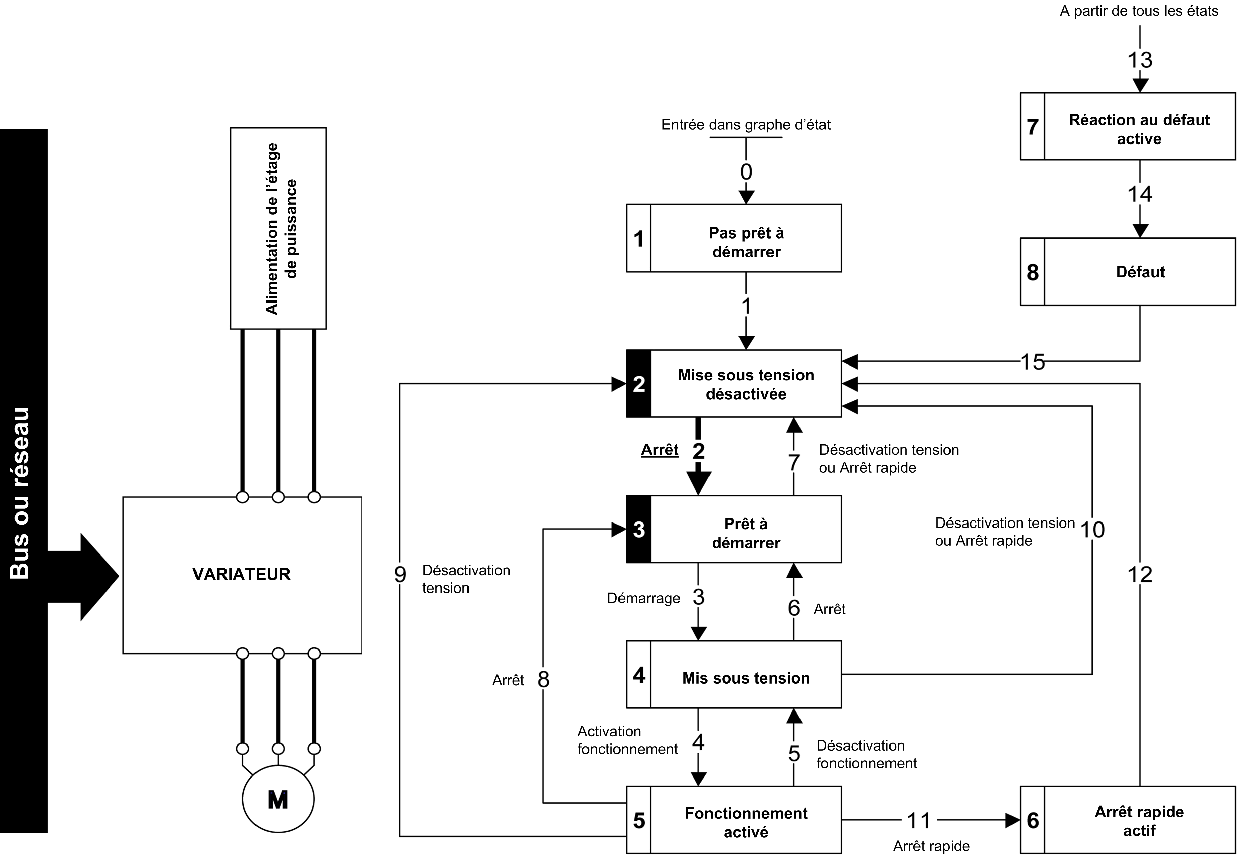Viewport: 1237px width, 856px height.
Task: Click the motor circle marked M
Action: point(278,799)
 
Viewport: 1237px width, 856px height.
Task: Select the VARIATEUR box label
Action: point(241,574)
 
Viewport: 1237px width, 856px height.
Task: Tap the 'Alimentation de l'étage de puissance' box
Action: point(278,228)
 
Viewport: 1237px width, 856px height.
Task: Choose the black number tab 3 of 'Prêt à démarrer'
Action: point(639,529)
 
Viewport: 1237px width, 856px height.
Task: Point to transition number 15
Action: point(1032,362)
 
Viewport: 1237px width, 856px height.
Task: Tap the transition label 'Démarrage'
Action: point(643,598)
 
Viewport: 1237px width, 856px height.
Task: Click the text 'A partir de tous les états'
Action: point(1139,11)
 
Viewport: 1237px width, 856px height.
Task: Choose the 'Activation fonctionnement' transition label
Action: point(627,740)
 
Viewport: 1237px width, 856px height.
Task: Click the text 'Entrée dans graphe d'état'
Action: point(746,125)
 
